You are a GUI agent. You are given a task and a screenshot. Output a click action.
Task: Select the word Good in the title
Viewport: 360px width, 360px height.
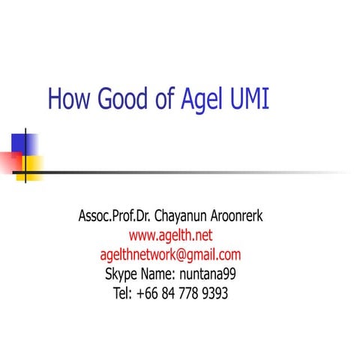pos(121,99)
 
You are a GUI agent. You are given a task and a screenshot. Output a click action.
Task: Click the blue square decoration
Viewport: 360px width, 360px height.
pos(22,142)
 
